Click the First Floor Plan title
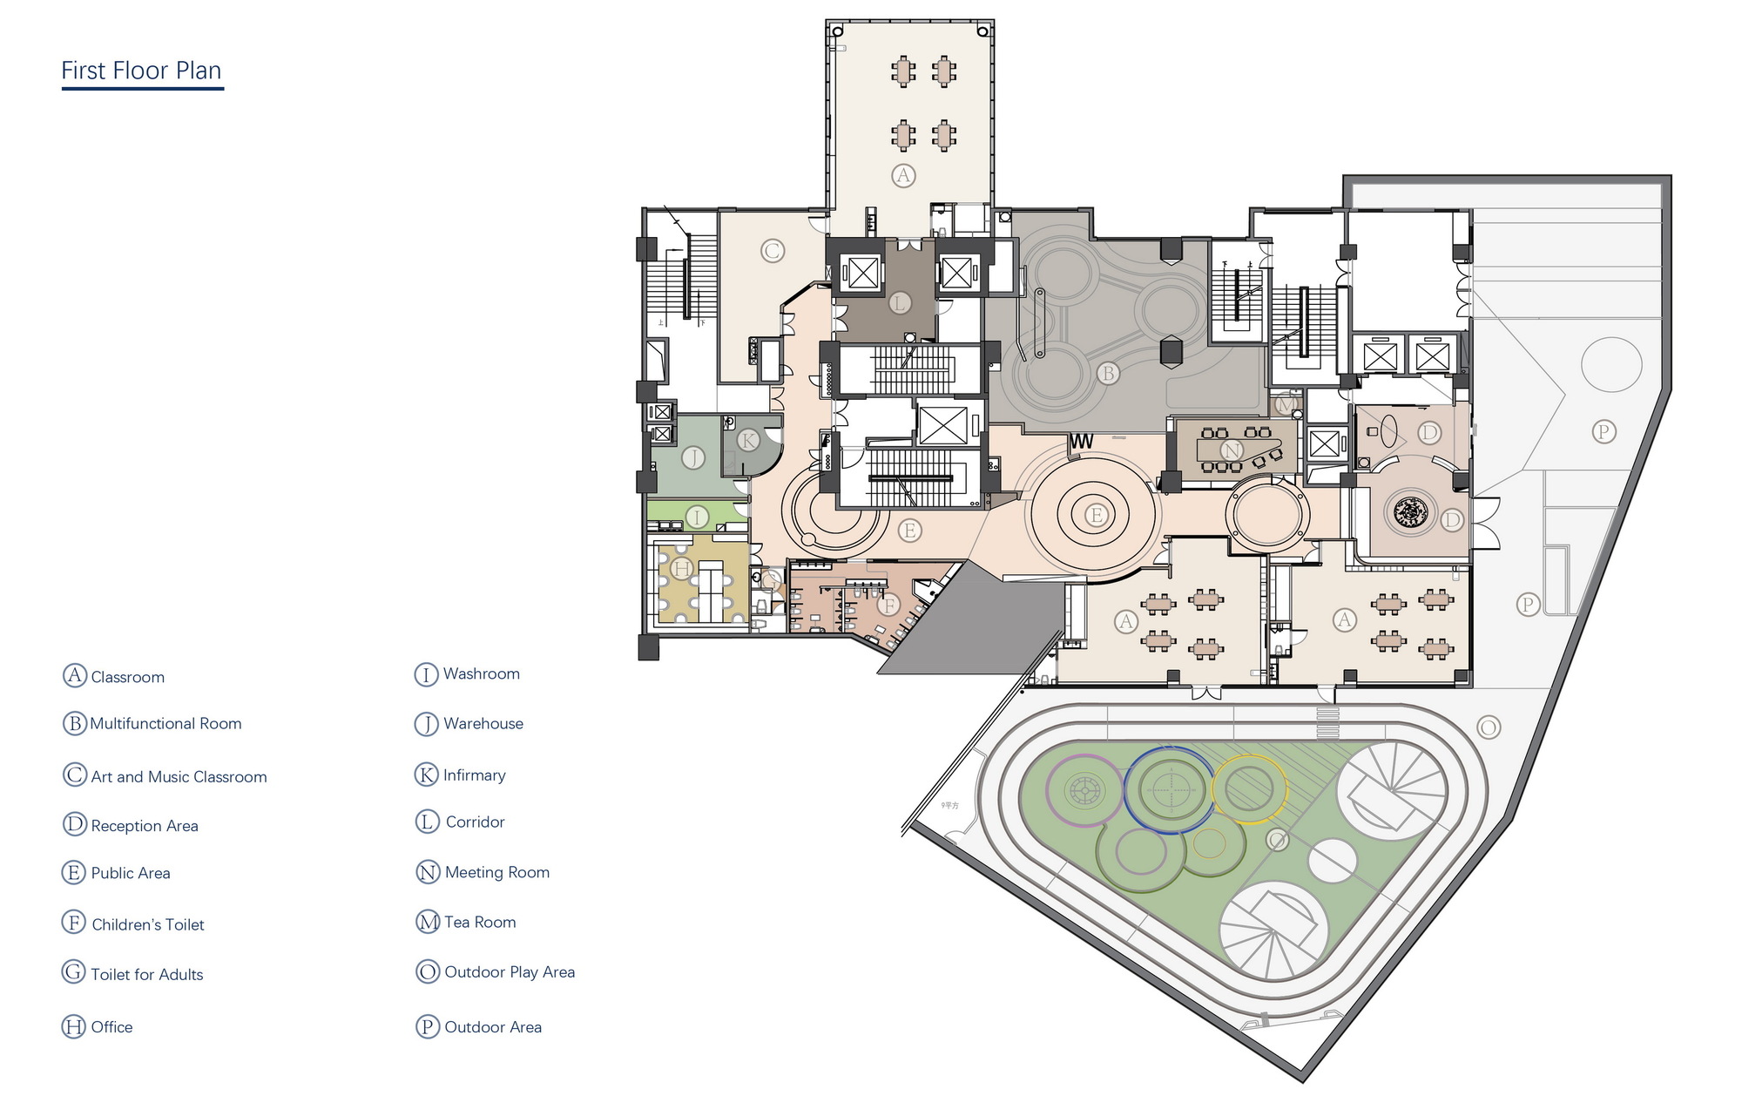[141, 71]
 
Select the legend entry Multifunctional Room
[165, 724]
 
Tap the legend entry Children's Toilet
[147, 924]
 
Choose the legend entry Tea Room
[480, 922]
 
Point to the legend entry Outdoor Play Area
[510, 972]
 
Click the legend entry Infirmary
[474, 775]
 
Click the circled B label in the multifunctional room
[1107, 374]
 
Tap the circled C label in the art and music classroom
[772, 252]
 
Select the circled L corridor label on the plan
[899, 303]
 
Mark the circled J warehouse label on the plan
[692, 457]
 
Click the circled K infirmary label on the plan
[747, 440]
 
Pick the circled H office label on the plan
[681, 570]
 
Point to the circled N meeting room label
[1232, 450]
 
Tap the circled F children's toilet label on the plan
[888, 605]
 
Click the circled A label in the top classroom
[903, 175]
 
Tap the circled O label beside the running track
[1488, 727]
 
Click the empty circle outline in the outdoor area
[1610, 365]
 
